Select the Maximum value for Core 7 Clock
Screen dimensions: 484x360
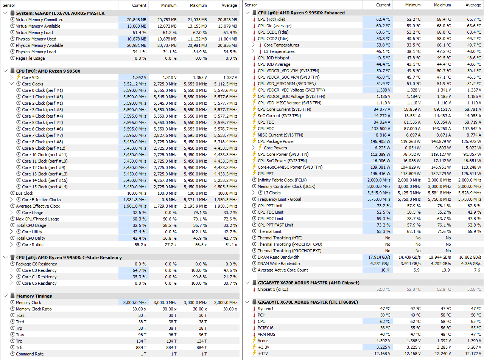195,135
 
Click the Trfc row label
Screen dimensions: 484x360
20,348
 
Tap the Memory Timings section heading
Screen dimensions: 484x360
34,296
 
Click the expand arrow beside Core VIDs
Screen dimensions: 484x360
11,77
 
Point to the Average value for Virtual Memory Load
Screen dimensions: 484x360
230,33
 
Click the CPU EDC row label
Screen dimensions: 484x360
266,129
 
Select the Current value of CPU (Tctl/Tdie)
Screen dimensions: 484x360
383,19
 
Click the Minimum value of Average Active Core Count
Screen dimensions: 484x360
416,270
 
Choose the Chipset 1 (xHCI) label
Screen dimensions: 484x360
273,289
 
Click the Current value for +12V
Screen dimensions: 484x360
382,354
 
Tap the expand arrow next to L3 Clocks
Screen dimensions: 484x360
253,192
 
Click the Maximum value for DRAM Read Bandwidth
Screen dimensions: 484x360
440,257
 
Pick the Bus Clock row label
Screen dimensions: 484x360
25,193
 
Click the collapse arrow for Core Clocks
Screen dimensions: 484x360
11,84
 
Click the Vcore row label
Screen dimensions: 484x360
263,341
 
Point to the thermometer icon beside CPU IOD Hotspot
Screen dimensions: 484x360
254,58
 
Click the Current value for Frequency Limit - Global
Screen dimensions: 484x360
378,199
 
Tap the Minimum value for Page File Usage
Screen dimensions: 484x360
171,58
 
